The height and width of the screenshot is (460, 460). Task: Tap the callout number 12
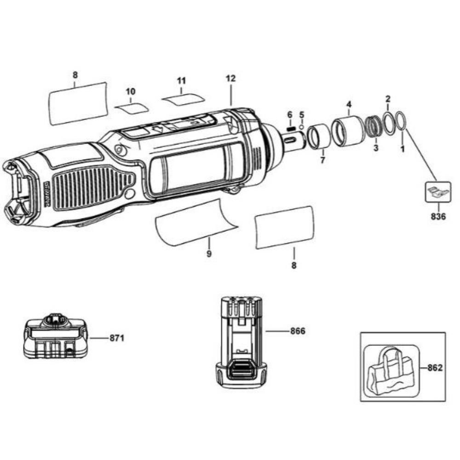tap(230, 79)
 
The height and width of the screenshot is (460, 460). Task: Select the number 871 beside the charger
tap(116, 338)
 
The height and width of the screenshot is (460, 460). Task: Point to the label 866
tap(298, 331)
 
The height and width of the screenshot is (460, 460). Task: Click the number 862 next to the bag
tap(435, 368)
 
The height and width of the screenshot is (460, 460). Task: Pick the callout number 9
tap(209, 253)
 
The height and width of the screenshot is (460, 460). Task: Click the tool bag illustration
tap(390, 368)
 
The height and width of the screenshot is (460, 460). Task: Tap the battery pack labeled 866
tap(241, 340)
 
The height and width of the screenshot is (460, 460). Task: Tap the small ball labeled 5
tap(301, 127)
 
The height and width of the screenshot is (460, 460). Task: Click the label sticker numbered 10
tap(132, 108)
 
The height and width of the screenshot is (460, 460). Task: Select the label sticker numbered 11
tap(183, 99)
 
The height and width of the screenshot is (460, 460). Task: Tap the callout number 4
tap(348, 104)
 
